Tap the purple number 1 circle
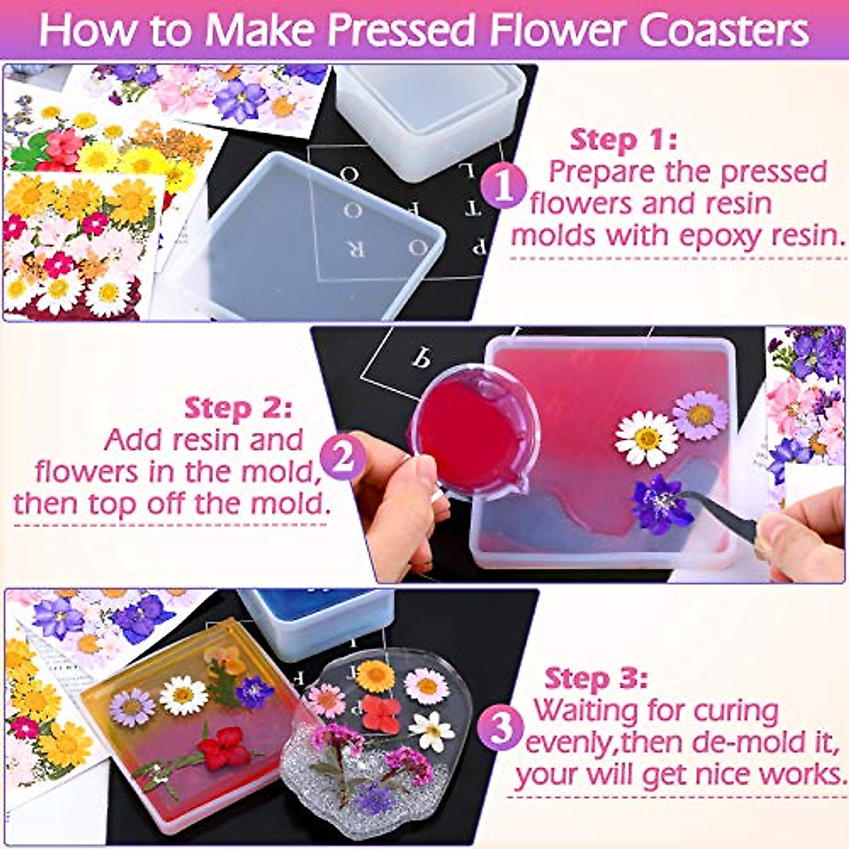pos(504,186)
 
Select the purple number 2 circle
pos(343,458)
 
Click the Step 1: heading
pos(623,139)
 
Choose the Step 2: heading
pos(237,408)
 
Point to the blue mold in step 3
pos(316,620)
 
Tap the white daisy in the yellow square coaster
pos(183,695)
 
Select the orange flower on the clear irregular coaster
pos(375,676)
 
